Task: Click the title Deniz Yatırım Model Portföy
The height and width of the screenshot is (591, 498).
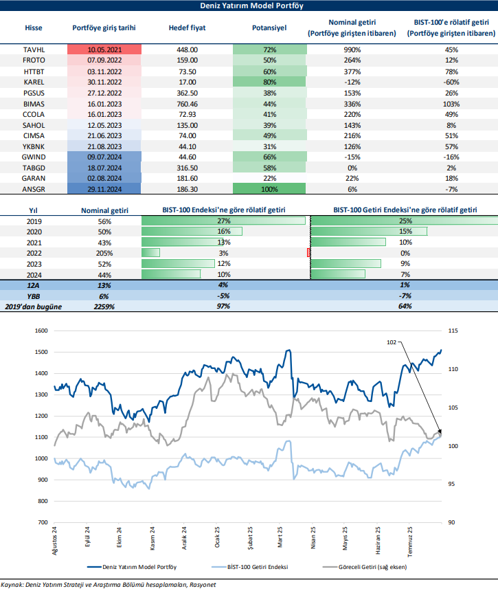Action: click(x=249, y=5)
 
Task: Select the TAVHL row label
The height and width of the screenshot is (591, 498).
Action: click(x=34, y=50)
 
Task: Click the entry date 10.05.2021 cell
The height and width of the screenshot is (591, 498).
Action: click(x=104, y=50)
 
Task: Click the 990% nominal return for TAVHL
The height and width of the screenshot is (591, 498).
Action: click(x=356, y=50)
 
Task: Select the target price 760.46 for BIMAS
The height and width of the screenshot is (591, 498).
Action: click(x=187, y=103)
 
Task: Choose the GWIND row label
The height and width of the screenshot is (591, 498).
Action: click(x=34, y=157)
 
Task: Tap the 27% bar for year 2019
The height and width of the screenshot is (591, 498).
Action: click(x=223, y=221)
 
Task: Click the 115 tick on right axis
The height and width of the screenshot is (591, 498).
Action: click(x=453, y=331)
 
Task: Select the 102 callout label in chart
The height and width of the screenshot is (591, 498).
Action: click(x=391, y=340)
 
